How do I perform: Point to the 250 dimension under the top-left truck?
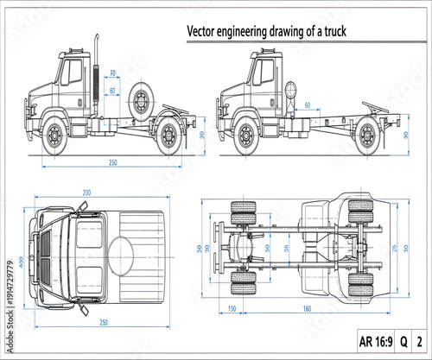112,161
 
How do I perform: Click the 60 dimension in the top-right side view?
308,105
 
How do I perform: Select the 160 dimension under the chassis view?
308,308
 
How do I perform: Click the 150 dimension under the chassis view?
232,308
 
